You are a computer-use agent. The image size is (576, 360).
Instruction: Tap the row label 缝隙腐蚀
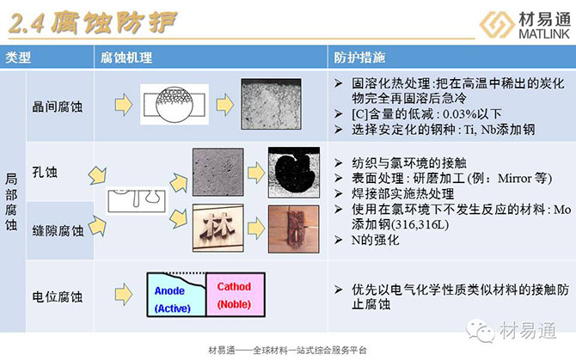pyautogui.click(x=58, y=229)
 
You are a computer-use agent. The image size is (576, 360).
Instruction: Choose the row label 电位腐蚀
pyautogui.click(x=58, y=296)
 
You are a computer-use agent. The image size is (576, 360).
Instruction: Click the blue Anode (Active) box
pyautogui.click(x=175, y=297)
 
